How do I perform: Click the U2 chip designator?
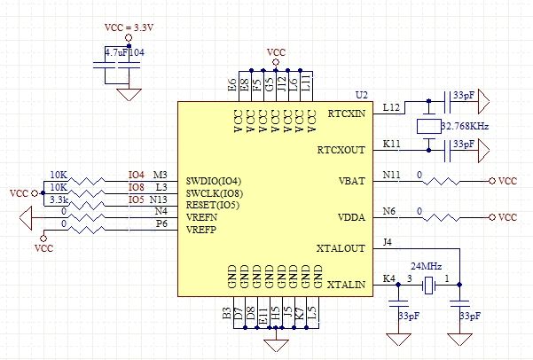362,95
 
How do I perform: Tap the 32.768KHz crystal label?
465,126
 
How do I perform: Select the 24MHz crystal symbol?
428,286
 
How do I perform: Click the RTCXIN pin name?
347,113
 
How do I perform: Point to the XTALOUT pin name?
341,248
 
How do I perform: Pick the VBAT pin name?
352,181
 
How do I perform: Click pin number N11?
392,175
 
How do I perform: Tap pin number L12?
391,108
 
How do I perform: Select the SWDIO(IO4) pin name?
214,181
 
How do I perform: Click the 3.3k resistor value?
59,200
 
